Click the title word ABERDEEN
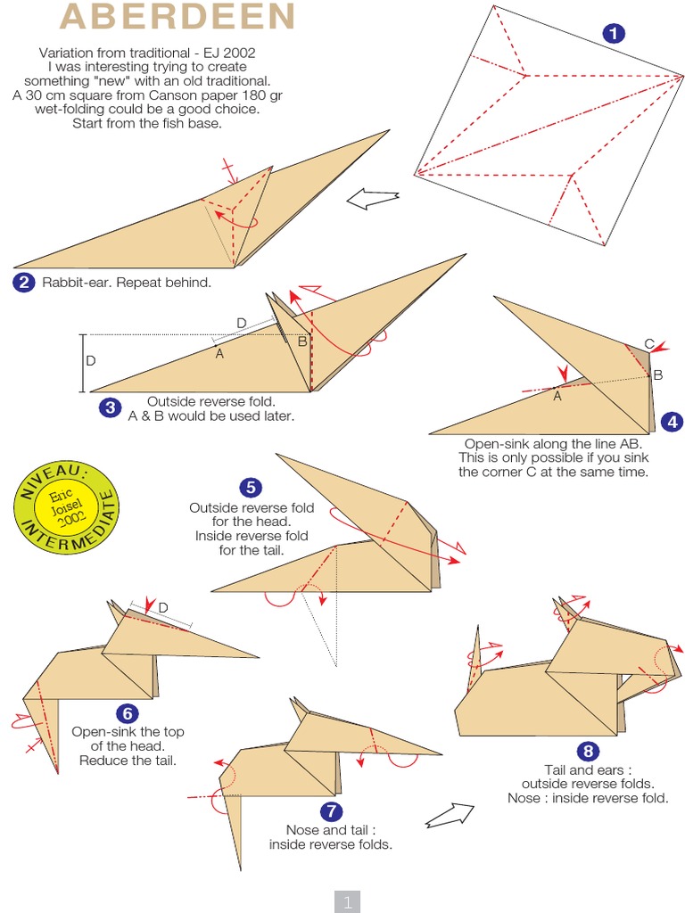tap(177, 17)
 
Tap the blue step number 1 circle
tap(614, 34)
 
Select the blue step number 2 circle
tap(24, 283)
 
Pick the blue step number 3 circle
tap(110, 407)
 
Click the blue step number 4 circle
tap(671, 421)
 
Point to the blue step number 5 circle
tap(251, 487)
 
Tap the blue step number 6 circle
tap(128, 712)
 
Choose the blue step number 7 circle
tap(330, 810)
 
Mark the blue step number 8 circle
tap(587, 750)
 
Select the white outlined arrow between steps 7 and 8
tap(449, 813)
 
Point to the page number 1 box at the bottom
tap(347, 901)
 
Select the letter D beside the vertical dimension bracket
tap(91, 361)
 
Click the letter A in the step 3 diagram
tap(219, 354)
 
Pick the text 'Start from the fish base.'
tap(146, 123)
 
